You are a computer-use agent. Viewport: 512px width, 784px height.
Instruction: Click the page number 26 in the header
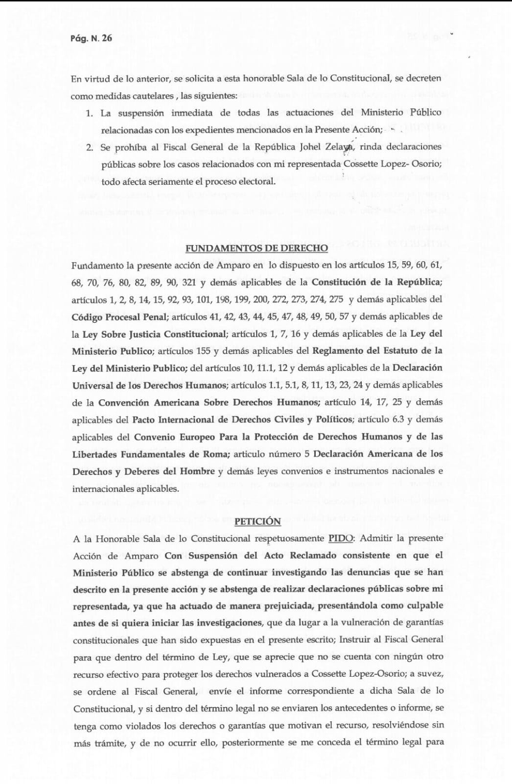click(107, 38)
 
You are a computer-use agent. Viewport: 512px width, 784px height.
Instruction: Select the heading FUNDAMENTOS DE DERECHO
click(256, 248)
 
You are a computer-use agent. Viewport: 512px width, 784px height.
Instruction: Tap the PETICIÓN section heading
click(257, 521)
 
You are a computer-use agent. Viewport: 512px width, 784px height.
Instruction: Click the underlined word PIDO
click(340, 539)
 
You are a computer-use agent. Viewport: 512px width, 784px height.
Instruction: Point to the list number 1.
click(89, 113)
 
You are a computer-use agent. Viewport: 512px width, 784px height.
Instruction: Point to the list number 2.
click(89, 147)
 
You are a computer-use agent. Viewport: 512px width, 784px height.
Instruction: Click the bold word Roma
click(215, 454)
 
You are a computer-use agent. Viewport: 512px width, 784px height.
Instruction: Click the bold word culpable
click(425, 606)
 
